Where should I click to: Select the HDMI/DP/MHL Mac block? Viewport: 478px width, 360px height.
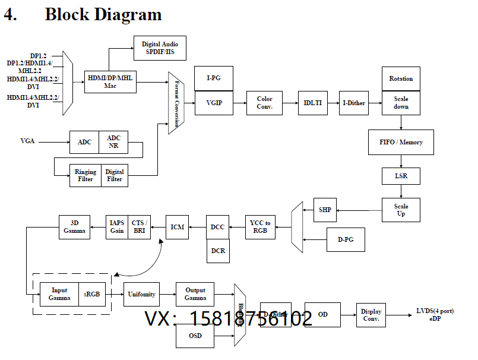(x=110, y=81)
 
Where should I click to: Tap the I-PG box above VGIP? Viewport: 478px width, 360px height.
(x=214, y=78)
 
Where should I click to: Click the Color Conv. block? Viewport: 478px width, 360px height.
(x=264, y=103)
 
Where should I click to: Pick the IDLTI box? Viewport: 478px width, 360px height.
(x=312, y=103)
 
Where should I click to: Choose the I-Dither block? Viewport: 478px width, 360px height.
(x=353, y=103)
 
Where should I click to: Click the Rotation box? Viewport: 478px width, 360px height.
(x=401, y=78)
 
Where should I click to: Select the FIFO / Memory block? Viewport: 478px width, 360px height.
(x=401, y=142)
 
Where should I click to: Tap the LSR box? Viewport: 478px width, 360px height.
(x=401, y=176)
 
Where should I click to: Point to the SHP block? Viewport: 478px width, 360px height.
(x=325, y=210)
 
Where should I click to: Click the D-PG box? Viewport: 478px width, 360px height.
(x=346, y=239)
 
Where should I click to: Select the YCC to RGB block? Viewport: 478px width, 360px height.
(x=259, y=227)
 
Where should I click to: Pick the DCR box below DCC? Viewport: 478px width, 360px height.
(x=217, y=251)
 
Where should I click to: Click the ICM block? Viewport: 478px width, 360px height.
(x=177, y=227)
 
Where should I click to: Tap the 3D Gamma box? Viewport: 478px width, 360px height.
(x=74, y=227)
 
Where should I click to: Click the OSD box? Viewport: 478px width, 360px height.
(x=195, y=336)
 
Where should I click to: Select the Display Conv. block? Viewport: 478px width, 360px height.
(x=371, y=315)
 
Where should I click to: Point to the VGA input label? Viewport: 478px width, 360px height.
(x=28, y=141)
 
